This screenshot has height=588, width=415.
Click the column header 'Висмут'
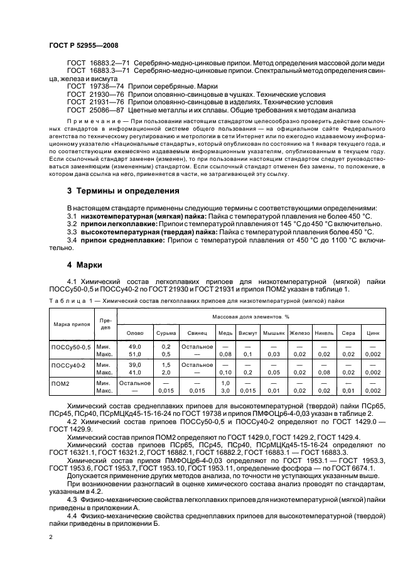point(248,332)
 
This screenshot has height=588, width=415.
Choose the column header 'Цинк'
point(373,332)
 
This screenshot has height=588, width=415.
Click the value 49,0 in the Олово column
point(135,346)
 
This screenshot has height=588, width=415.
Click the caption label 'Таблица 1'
point(68,302)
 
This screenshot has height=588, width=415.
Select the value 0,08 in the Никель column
point(324,372)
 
